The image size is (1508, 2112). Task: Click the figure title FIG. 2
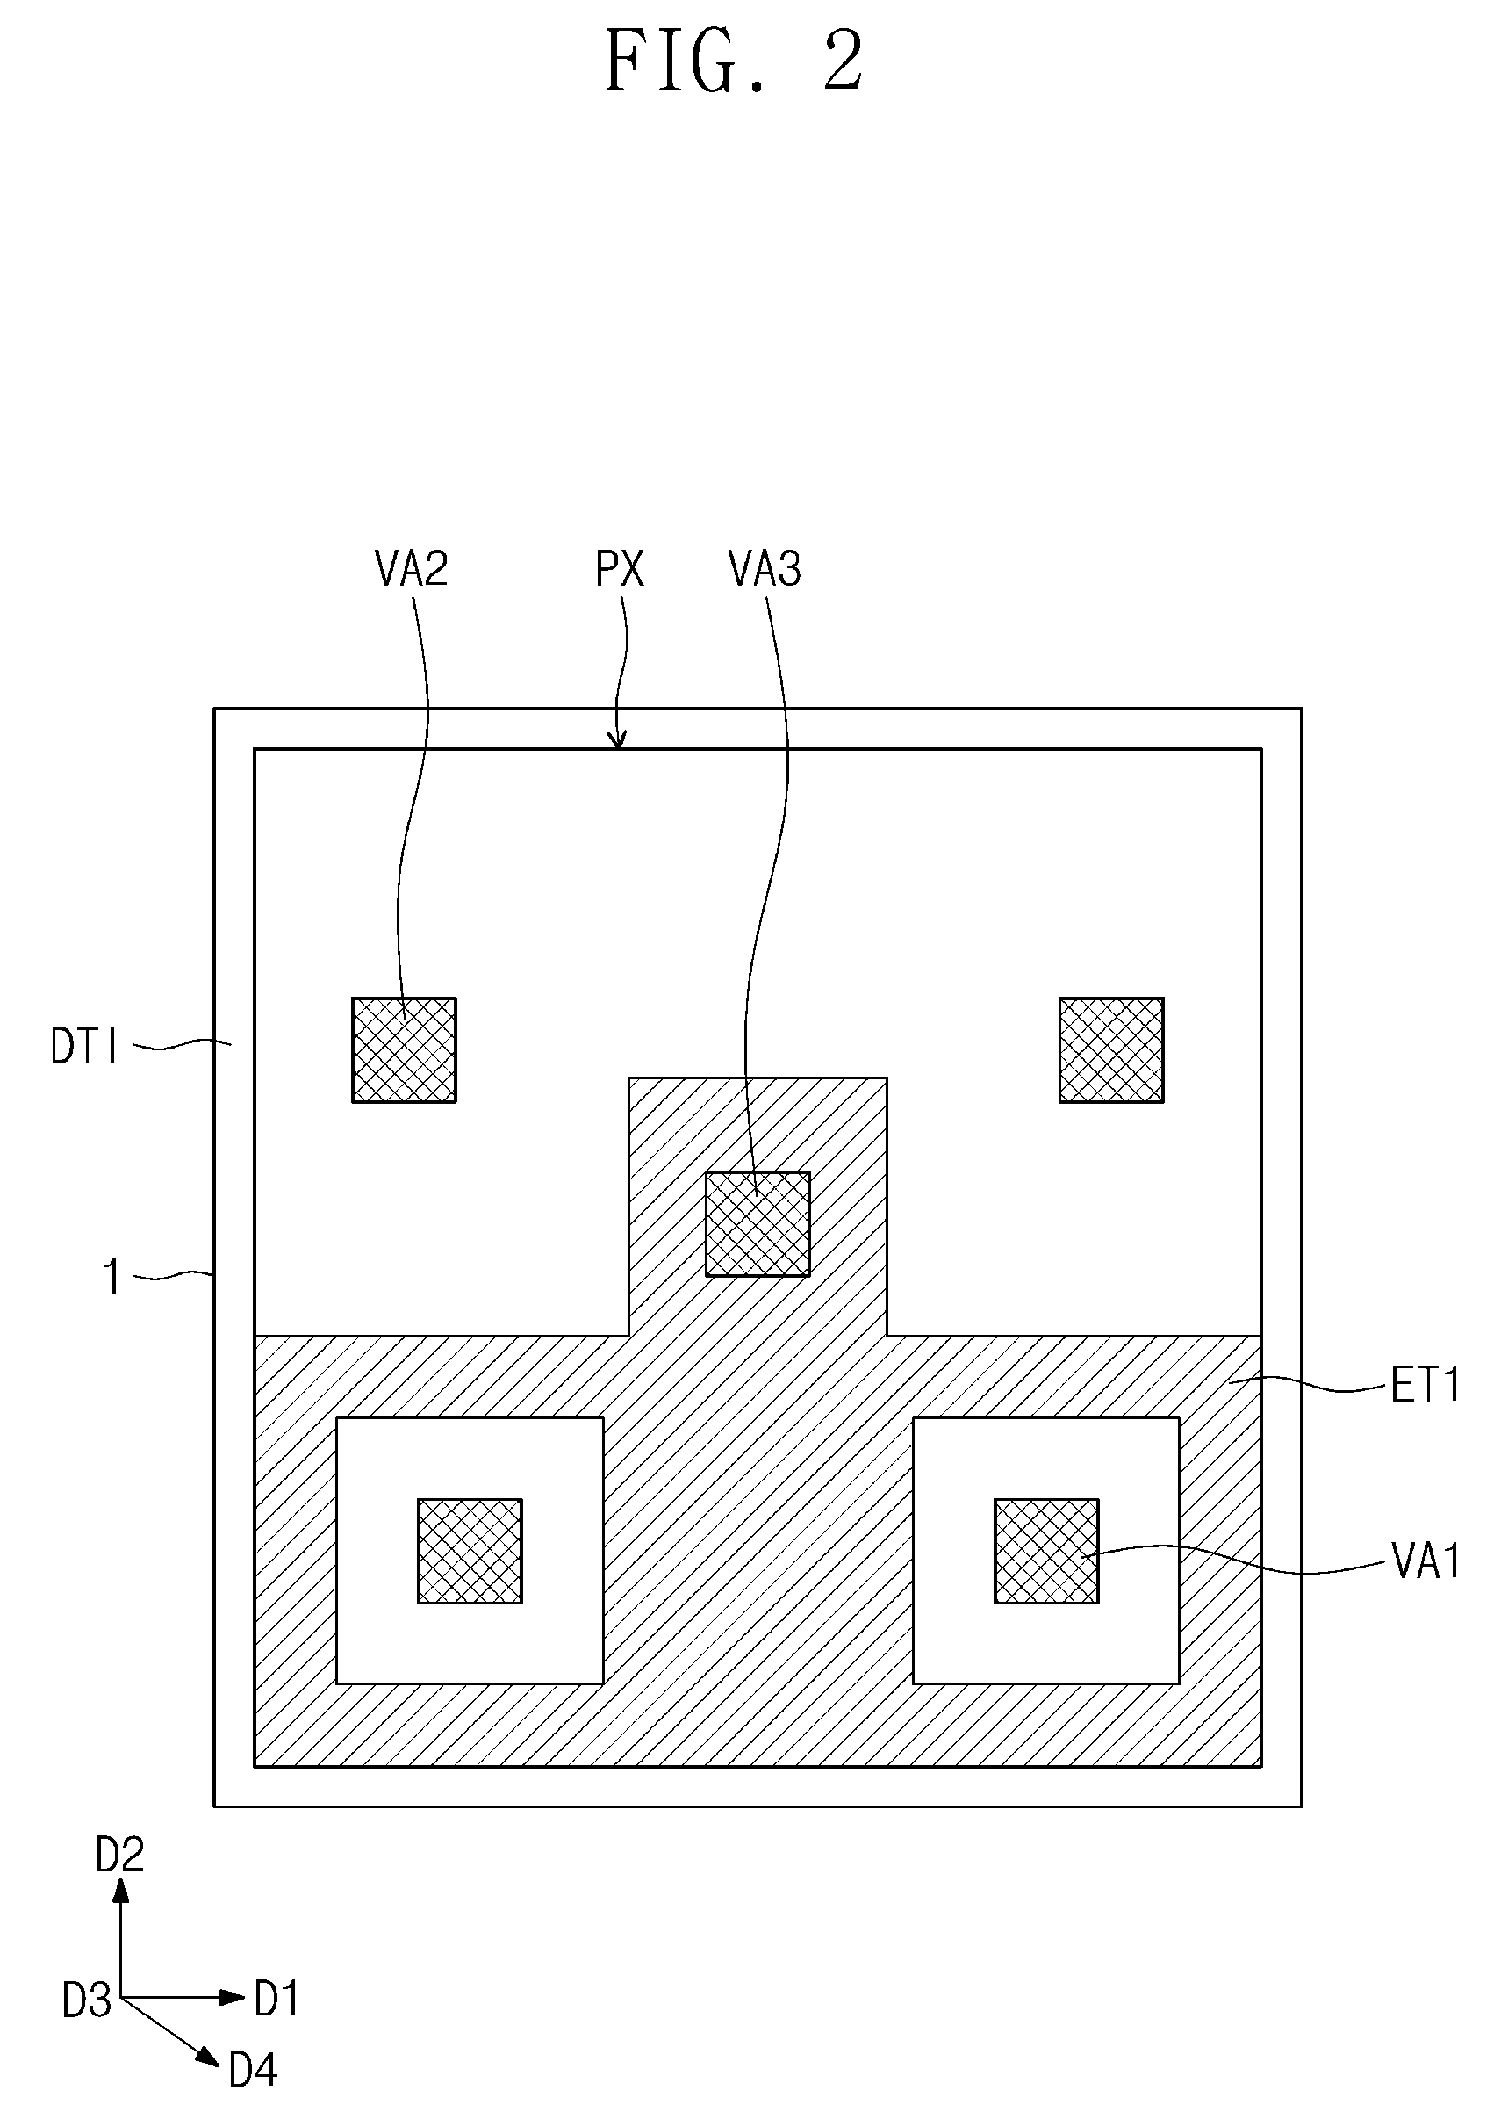tap(734, 61)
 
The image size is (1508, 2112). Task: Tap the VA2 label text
tap(412, 568)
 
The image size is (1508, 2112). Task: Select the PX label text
tap(620, 568)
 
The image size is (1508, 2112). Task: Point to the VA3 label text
tap(765, 568)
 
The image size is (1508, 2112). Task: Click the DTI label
tap(84, 1047)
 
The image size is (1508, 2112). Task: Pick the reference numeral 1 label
tap(111, 1277)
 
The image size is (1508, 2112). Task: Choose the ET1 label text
tap(1425, 1386)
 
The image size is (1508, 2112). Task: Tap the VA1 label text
tap(1426, 1561)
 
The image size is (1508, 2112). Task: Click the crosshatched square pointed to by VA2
tap(404, 1049)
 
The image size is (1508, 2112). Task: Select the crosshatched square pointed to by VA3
tap(758, 1224)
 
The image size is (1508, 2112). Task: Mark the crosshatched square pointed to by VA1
tap(1046, 1551)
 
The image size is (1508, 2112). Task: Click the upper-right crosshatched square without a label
tap(1111, 1049)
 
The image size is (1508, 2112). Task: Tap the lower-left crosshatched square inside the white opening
tap(470, 1551)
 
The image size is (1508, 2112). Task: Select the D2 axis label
tap(119, 1855)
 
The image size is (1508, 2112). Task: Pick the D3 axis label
tap(86, 2000)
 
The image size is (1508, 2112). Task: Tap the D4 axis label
tap(253, 2070)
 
